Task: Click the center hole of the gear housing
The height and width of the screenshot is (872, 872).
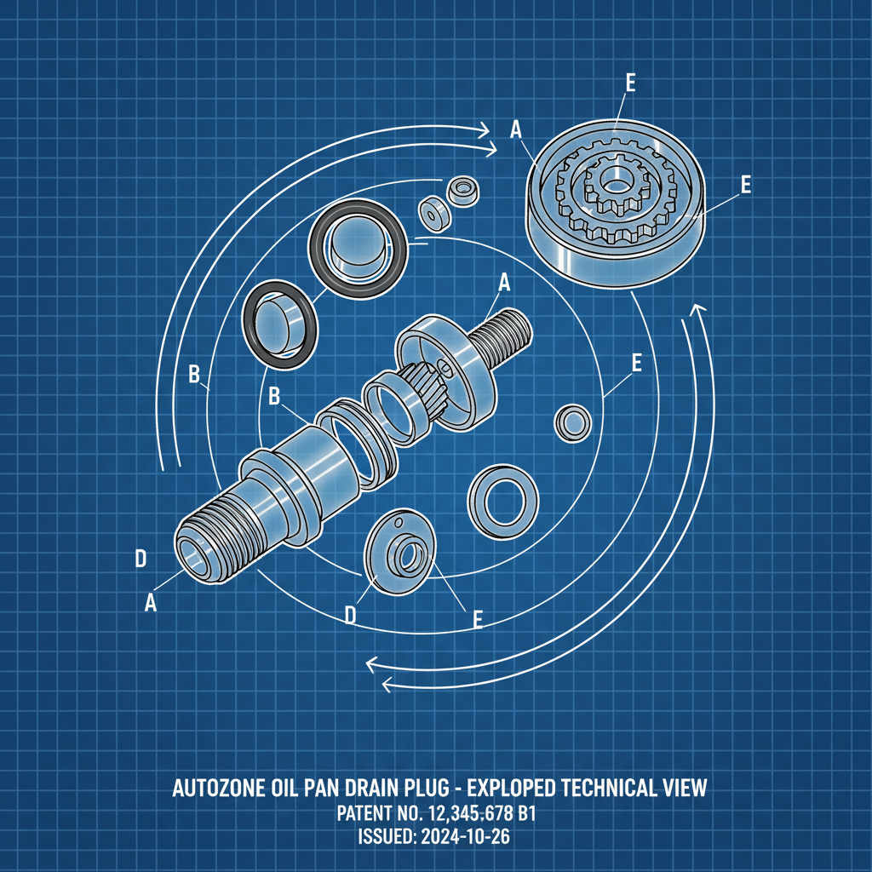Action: [x=615, y=181]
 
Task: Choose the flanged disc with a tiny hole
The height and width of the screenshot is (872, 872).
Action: [x=400, y=553]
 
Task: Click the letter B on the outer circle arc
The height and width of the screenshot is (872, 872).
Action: [x=194, y=374]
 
